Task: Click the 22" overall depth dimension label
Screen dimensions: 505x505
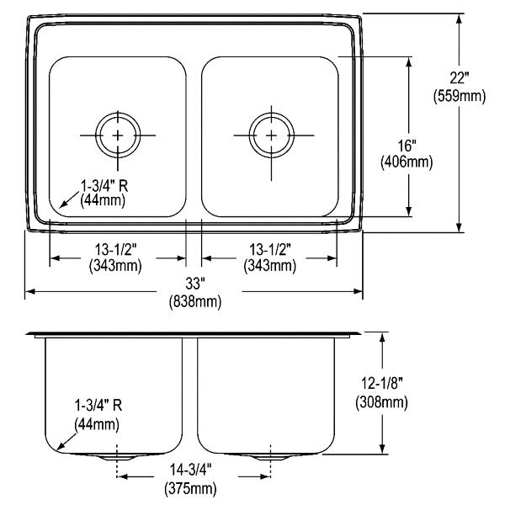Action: [460, 78]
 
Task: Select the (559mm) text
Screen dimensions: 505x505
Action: [460, 96]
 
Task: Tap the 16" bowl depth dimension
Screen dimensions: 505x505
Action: [407, 146]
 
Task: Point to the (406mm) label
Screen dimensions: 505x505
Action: [407, 162]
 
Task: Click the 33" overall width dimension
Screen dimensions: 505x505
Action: [195, 284]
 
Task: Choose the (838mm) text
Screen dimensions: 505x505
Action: [195, 301]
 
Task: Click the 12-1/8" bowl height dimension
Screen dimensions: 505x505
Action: [382, 383]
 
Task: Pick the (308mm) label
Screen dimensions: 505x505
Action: [382, 401]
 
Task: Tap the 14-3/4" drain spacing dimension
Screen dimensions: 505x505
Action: [191, 470]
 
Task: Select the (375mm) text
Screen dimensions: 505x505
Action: [191, 488]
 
